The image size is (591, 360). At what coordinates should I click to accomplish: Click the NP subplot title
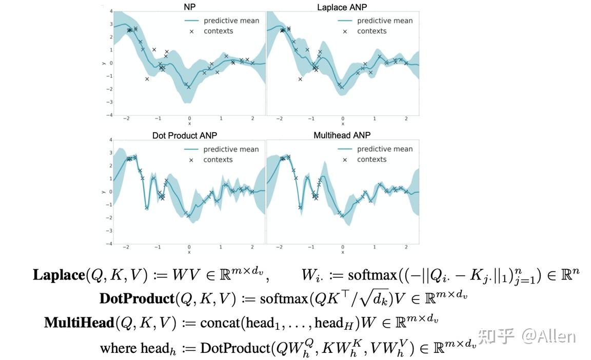189,7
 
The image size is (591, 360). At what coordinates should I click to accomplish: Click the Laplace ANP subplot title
342,7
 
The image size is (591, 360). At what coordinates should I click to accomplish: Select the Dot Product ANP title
185,135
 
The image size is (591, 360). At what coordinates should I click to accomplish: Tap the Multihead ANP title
342,135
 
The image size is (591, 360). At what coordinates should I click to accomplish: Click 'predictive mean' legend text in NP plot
231,21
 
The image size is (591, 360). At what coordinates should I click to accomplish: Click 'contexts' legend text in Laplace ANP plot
371,31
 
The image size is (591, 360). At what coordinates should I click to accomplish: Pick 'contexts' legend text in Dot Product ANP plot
218,160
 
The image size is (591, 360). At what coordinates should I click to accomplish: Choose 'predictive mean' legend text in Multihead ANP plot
385,149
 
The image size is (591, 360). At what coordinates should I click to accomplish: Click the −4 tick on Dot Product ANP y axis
109,244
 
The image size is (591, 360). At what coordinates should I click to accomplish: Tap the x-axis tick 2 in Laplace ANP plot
406,119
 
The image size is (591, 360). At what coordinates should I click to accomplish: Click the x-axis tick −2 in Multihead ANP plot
279,247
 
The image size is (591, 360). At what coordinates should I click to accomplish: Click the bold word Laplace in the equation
58,275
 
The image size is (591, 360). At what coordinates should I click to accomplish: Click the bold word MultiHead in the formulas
78,323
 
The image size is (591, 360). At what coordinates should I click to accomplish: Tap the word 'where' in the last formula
119,348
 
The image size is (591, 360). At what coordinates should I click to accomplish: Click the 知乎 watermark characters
497,336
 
